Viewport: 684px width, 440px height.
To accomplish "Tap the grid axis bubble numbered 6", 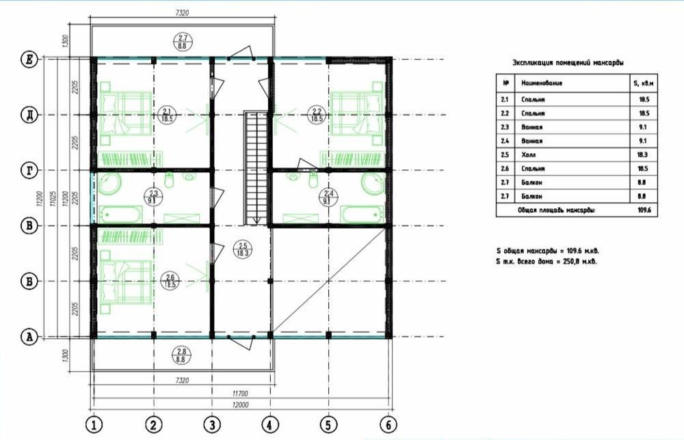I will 388,424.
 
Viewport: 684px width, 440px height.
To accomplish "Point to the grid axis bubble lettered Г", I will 29,169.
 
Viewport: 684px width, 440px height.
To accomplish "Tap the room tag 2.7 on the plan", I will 183,39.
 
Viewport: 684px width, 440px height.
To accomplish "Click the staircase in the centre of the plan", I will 254,167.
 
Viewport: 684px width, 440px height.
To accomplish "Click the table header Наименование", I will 542,83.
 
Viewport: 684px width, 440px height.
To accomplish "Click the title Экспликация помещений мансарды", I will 568,62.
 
